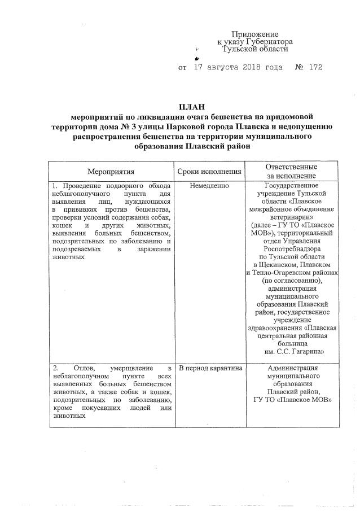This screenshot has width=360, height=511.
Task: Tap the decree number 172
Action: [x=315, y=68]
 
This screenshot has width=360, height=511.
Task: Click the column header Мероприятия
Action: [x=111, y=171]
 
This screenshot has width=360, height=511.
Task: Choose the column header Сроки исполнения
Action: [x=209, y=171]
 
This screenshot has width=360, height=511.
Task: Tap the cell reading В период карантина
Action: [x=209, y=369]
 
